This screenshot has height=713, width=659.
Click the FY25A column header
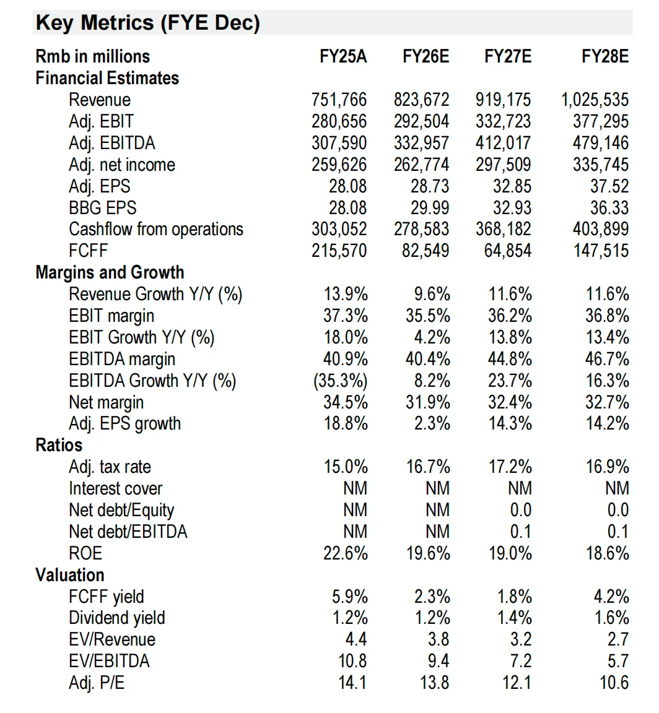click(343, 56)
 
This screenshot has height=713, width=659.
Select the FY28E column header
click(605, 56)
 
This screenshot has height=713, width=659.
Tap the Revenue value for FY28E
click(595, 100)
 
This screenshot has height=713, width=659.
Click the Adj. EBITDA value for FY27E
click(504, 143)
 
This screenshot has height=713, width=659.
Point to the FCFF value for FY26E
click(425, 251)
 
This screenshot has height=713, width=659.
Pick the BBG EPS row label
click(102, 208)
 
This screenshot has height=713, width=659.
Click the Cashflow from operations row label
click(156, 230)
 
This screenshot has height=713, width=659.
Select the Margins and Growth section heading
click(110, 272)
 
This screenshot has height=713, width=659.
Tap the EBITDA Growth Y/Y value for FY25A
click(341, 381)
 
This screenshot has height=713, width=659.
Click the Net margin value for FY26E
click(428, 402)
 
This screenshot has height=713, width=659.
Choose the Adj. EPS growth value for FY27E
click(510, 423)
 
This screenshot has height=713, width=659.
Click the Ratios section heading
click(59, 445)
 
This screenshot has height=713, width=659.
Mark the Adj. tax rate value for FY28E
click(607, 467)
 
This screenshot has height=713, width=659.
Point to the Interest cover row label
click(116, 488)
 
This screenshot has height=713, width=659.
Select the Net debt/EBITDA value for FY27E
click(521, 532)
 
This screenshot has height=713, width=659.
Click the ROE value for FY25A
click(346, 553)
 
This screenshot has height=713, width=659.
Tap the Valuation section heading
click(69, 575)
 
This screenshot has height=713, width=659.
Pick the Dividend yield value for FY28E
click(612, 618)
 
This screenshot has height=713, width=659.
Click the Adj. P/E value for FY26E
click(434, 683)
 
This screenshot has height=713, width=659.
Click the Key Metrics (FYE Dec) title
click(148, 23)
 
